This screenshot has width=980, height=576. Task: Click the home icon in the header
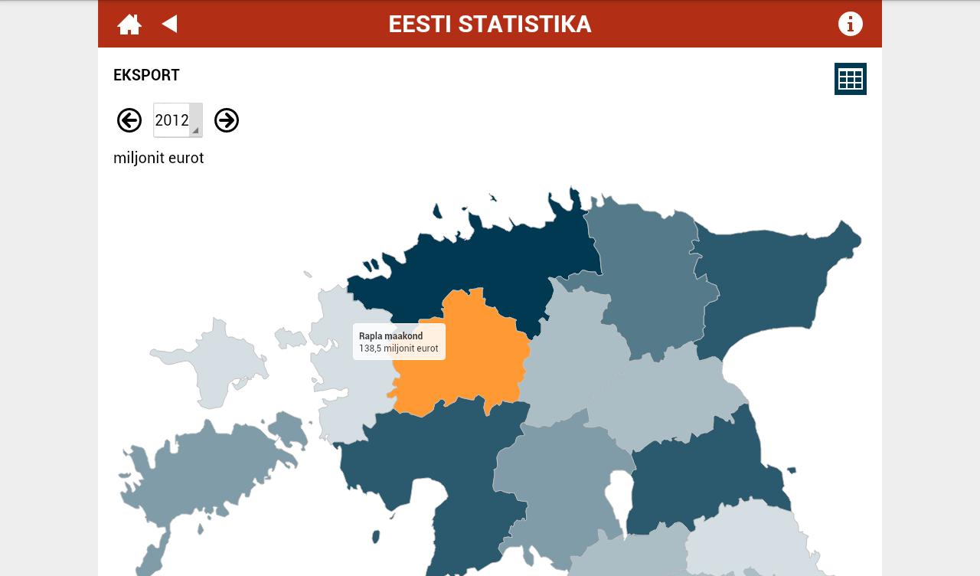129,25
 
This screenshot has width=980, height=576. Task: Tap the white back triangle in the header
170,24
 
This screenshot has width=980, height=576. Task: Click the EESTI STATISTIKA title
490,25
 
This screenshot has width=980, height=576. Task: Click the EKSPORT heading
146,75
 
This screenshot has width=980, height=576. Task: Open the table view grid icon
850,79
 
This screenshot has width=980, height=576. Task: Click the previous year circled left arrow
129,120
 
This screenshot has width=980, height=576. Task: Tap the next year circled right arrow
227,120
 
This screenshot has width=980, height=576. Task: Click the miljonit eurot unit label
158,158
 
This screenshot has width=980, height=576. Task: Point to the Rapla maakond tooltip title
390,336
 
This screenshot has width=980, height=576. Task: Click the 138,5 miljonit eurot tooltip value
399,349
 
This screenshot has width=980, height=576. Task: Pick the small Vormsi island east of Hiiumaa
290,337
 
